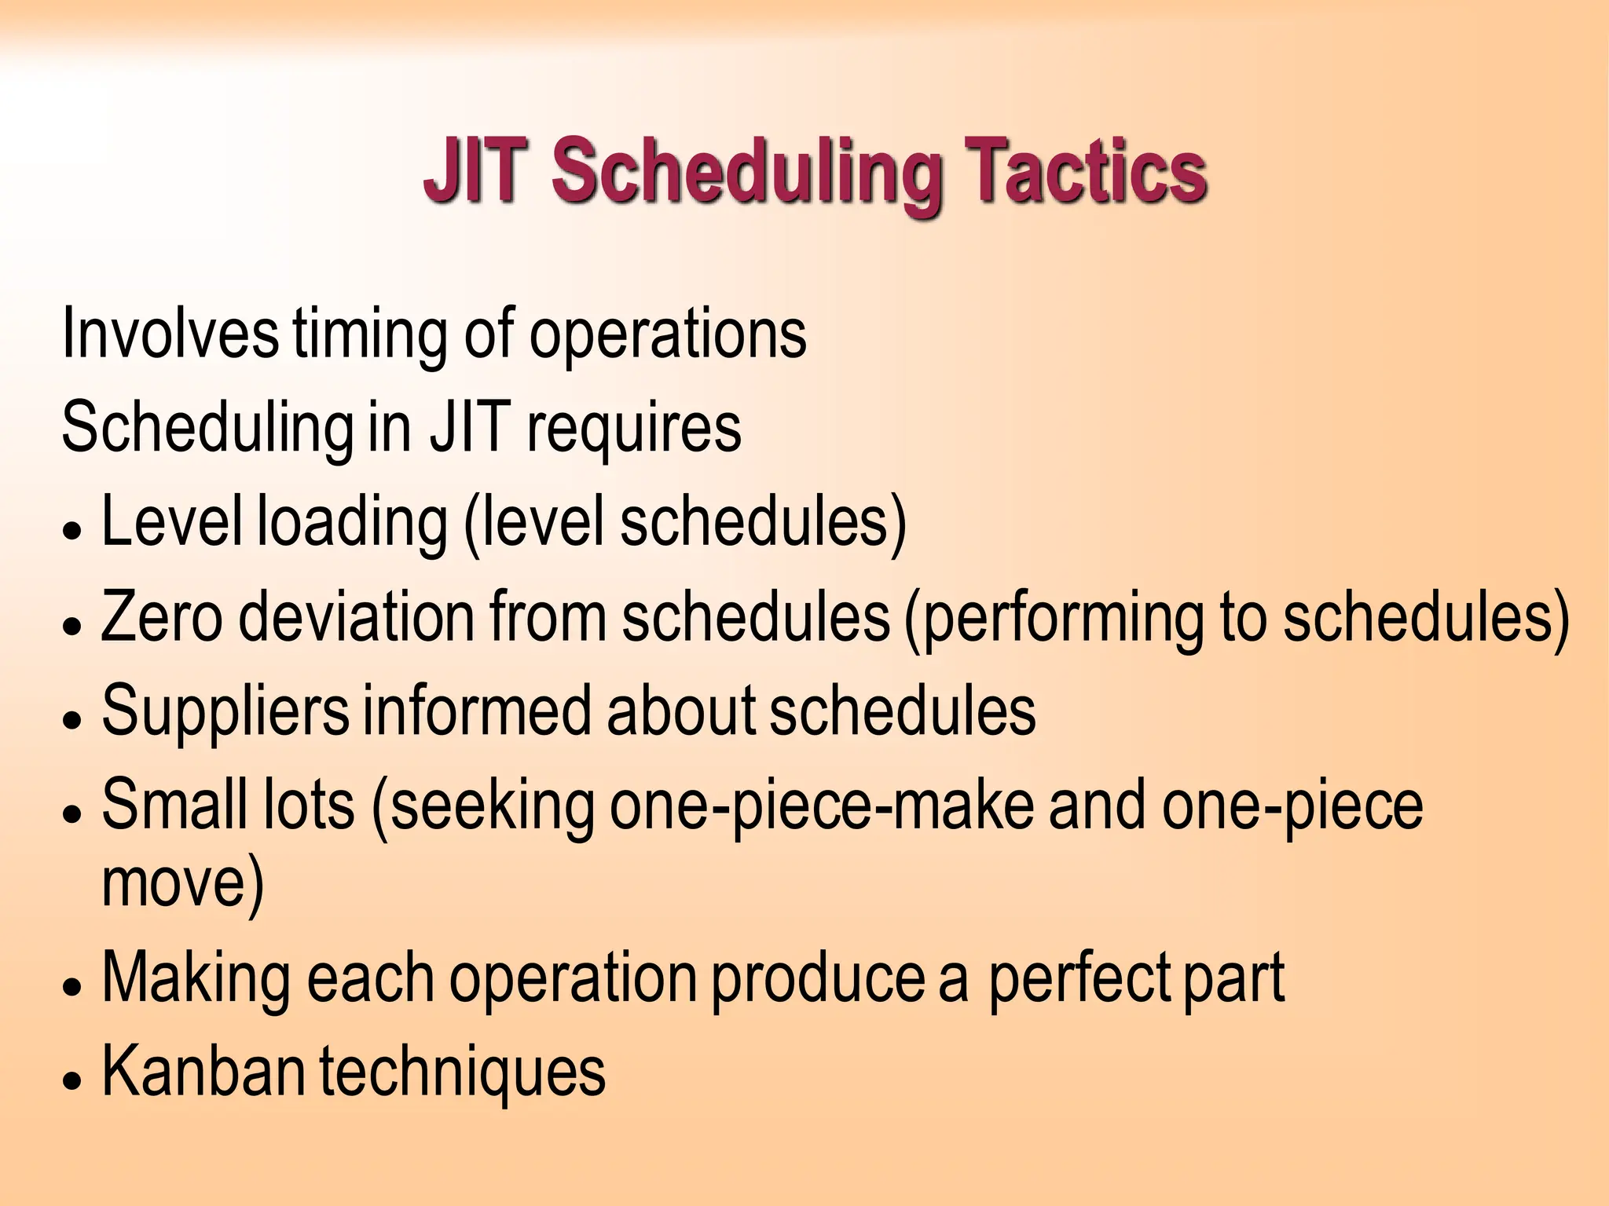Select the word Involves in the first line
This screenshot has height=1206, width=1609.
[170, 334]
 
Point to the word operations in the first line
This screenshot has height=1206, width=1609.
[668, 336]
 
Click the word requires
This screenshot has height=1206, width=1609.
[633, 430]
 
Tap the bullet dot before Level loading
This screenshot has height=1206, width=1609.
[73, 531]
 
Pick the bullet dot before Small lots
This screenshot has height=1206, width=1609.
[73, 813]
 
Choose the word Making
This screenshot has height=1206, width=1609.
[196, 980]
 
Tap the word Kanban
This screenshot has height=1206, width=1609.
[203, 1073]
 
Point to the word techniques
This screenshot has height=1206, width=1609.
[463, 1074]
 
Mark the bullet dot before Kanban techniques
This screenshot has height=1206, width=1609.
[73, 1080]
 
